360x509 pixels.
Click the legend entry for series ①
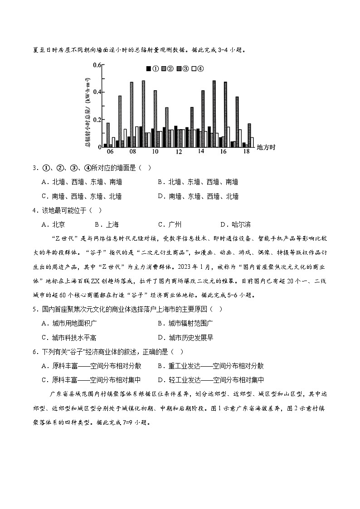point(152,69)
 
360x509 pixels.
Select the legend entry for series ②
point(167,69)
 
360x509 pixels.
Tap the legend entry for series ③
point(182,69)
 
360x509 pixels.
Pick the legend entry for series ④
point(197,69)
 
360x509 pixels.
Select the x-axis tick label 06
point(110,151)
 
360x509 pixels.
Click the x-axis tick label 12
point(179,151)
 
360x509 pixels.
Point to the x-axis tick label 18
point(247,151)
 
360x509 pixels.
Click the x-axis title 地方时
point(266,147)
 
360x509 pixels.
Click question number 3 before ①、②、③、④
point(34,168)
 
